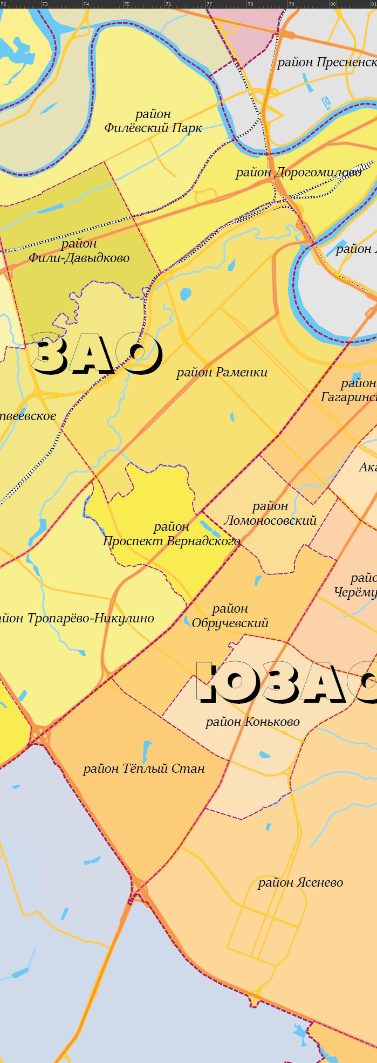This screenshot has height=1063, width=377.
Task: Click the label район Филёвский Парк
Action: coord(153,121)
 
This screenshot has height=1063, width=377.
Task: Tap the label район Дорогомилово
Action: coord(298,173)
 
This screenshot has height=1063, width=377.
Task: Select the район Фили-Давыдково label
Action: coord(79,251)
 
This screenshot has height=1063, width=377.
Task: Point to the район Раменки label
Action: coord(222,372)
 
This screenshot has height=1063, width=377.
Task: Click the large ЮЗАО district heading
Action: coord(286,682)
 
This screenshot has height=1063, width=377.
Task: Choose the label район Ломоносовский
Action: coord(270,513)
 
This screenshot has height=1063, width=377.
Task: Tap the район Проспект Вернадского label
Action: coord(172,534)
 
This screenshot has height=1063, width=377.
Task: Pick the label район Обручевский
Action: coord(230,616)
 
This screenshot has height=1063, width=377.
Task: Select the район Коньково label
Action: coord(252,722)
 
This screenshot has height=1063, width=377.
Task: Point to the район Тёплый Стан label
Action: coord(144,769)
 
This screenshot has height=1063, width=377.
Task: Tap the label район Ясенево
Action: coord(300,882)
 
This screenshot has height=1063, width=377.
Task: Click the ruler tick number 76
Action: coord(168,4)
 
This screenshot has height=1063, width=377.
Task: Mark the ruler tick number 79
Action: coord(292,4)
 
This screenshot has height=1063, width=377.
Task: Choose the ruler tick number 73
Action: coord(45,4)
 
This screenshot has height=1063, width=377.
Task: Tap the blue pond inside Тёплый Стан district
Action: coord(147,751)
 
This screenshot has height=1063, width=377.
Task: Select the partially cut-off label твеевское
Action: coord(28,416)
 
